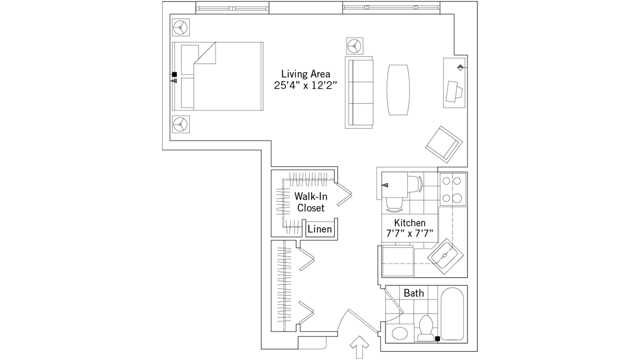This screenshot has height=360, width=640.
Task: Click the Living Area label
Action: (305, 74)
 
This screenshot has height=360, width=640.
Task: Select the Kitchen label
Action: (409, 223)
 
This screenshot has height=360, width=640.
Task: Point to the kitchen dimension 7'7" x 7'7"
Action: (409, 234)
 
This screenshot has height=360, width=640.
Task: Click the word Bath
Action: (413, 293)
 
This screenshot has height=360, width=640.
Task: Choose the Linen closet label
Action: (320, 229)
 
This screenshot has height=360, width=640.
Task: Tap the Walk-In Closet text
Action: (310, 202)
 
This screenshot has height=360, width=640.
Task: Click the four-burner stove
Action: (452, 189)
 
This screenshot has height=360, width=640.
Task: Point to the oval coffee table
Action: (398, 90)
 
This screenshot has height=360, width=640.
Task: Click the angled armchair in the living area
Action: (443, 144)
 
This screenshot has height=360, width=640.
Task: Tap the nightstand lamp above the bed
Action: (181, 27)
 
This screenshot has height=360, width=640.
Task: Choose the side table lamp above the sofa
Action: (354, 46)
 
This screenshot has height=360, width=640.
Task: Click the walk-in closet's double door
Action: (343, 194)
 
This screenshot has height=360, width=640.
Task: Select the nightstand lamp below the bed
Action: (180, 125)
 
